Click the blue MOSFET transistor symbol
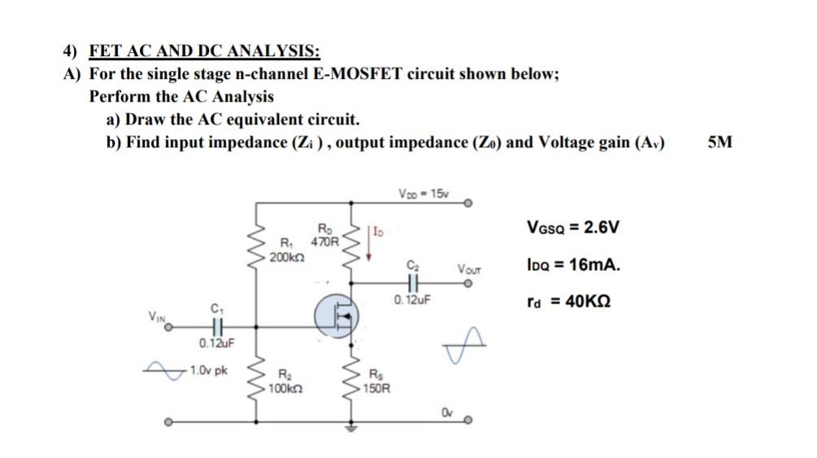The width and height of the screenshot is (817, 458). coord(337,314)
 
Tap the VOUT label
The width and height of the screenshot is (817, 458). coord(470,268)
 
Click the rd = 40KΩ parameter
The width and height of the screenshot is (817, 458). coord(568,302)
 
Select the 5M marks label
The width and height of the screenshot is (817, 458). coord(719,142)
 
